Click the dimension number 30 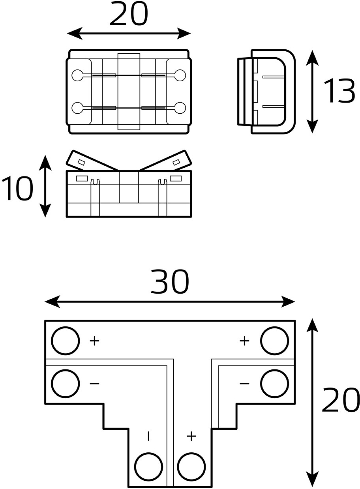click(169, 282)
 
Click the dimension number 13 click(339, 91)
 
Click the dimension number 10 click(17, 188)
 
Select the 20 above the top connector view click(129, 13)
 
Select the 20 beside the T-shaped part click(341, 400)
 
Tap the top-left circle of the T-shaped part click(65, 341)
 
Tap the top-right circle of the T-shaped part click(275, 341)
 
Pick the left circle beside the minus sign click(65, 384)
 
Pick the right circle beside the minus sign click(275, 384)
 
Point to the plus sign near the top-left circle click(94, 341)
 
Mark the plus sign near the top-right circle click(244, 341)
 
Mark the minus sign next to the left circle click(94, 384)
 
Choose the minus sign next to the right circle click(244, 384)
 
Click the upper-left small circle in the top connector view click(77, 75)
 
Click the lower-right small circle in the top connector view click(180, 108)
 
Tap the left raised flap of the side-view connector click(92, 161)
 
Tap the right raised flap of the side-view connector click(165, 161)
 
